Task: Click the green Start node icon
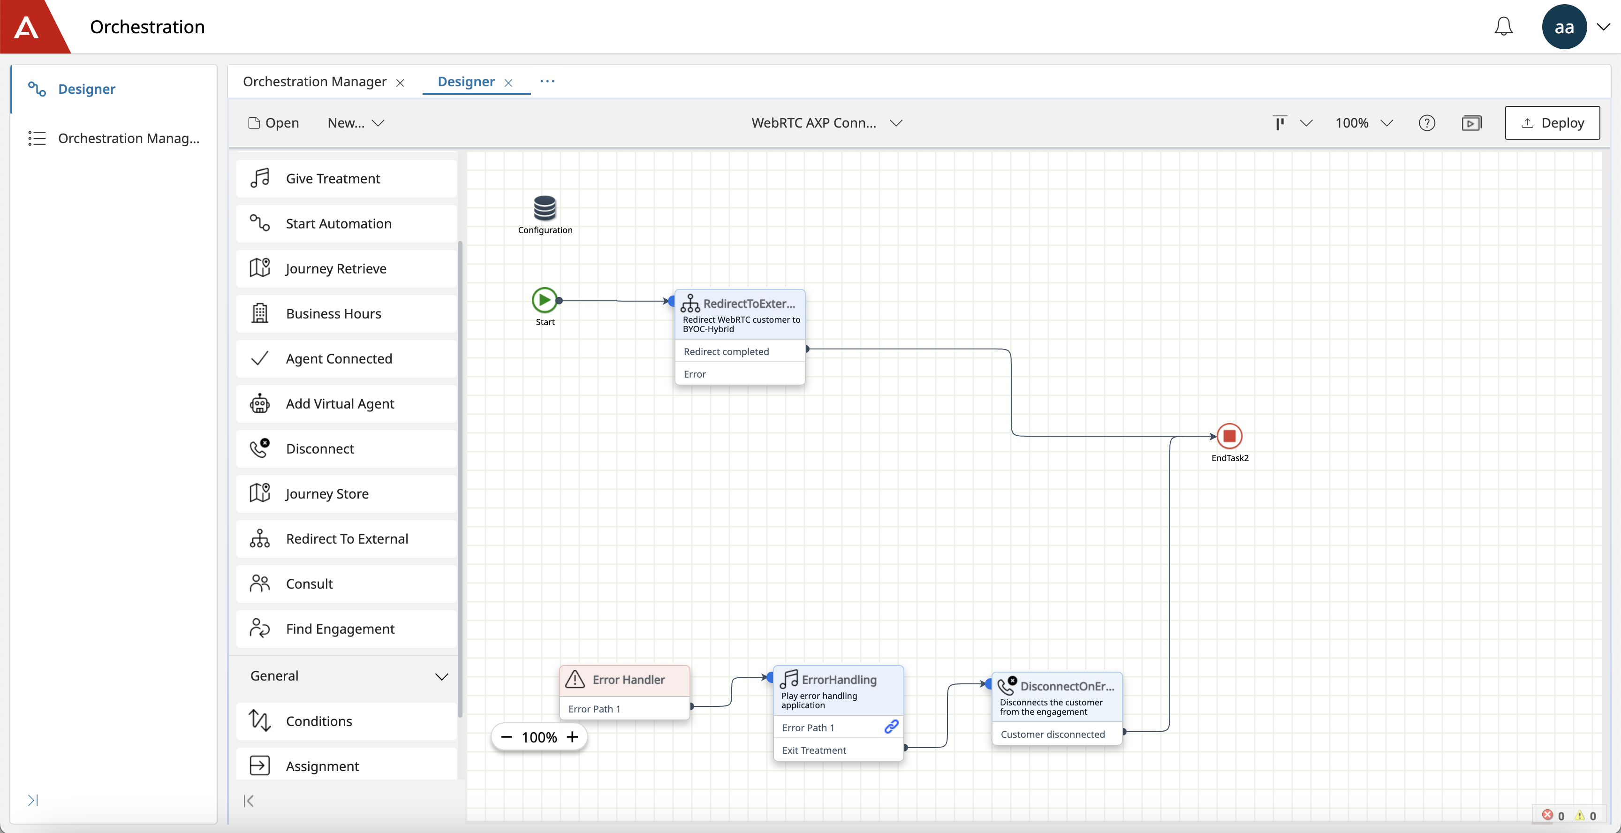pyautogui.click(x=544, y=300)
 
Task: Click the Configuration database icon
pyautogui.click(x=545, y=208)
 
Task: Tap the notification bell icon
pyautogui.click(x=1503, y=26)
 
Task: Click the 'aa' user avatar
pyautogui.click(x=1564, y=26)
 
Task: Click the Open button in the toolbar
pyautogui.click(x=274, y=123)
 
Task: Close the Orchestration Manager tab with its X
pyautogui.click(x=400, y=83)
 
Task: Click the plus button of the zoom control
pyautogui.click(x=572, y=737)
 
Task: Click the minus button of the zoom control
pyautogui.click(x=506, y=737)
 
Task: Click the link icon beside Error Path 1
pyautogui.click(x=891, y=727)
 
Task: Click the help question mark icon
pyautogui.click(x=1426, y=123)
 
